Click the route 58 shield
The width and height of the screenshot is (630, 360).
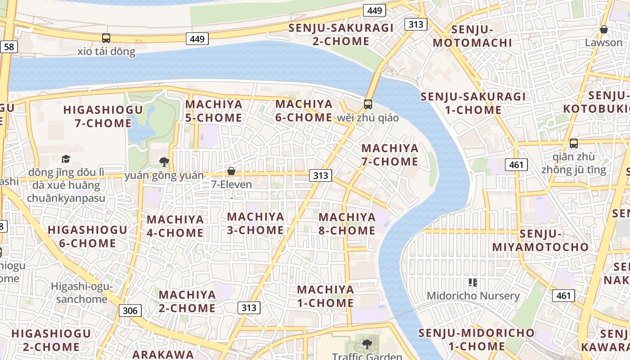click(9, 46)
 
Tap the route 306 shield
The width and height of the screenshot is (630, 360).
click(130, 310)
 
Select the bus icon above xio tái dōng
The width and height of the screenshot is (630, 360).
click(106, 38)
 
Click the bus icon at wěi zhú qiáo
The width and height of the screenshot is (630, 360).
click(368, 104)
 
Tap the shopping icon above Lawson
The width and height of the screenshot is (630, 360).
click(603, 30)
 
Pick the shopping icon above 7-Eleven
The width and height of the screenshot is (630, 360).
click(231, 171)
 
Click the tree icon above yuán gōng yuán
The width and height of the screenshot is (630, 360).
click(164, 162)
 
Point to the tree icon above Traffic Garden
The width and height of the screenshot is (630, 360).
click(367, 344)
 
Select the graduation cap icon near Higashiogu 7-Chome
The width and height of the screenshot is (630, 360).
click(66, 159)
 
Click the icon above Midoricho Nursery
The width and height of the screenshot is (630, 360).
click(472, 283)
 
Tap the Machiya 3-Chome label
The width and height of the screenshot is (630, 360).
click(256, 223)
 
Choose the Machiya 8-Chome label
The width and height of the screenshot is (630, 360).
click(347, 224)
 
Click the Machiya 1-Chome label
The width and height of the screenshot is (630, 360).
click(325, 296)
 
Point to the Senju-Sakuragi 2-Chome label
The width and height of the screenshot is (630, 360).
click(341, 35)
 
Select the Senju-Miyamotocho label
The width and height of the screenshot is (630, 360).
click(540, 240)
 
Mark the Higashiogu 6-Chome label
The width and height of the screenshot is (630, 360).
click(87, 236)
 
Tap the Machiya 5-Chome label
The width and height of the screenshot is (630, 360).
click(214, 111)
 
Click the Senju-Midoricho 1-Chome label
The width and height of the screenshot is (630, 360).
click(477, 340)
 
